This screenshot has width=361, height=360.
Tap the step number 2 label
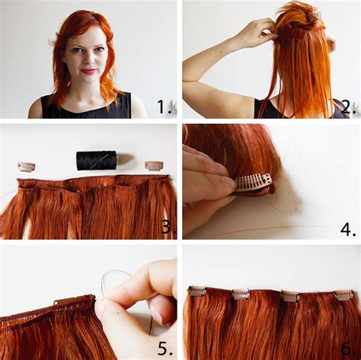click(x=347, y=107)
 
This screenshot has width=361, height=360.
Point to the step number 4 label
click(x=347, y=226)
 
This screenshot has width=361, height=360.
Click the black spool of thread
click(x=96, y=160)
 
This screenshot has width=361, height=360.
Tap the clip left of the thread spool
click(x=27, y=166)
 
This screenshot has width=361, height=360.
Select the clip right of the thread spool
click(x=154, y=164)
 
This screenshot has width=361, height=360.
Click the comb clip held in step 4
click(x=254, y=182)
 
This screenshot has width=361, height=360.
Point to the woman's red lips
click(x=90, y=72)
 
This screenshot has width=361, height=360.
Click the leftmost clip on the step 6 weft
click(x=197, y=291)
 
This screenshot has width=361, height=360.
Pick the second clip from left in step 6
click(x=241, y=294)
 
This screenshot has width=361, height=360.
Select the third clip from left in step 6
click(x=290, y=296)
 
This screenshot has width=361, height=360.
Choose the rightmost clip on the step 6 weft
click(x=343, y=295)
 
